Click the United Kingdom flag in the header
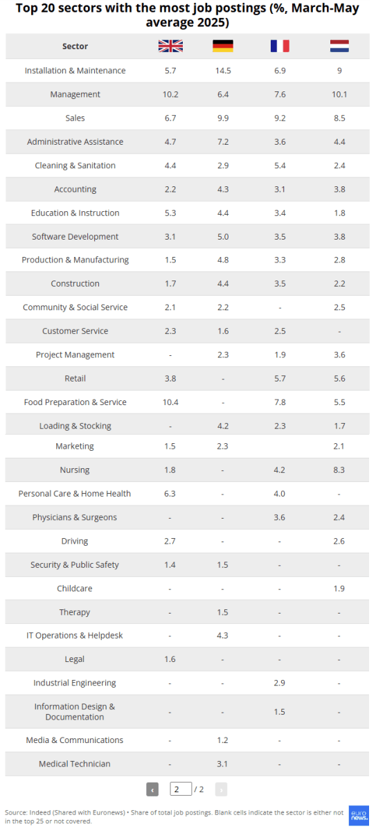pyautogui.click(x=170, y=46)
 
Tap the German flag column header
pyautogui.click(x=223, y=46)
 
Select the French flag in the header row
pyautogui.click(x=280, y=46)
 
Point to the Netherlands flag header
pyautogui.click(x=339, y=46)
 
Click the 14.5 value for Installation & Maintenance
pyautogui.click(x=223, y=71)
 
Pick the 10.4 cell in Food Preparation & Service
pyautogui.click(x=170, y=402)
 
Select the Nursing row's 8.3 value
pyautogui.click(x=339, y=470)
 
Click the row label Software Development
pyautogui.click(x=75, y=237)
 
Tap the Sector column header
pyautogui.click(x=75, y=46)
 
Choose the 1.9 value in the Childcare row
pyautogui.click(x=339, y=589)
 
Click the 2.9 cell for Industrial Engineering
pyautogui.click(x=279, y=683)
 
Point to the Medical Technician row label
pyautogui.click(x=75, y=764)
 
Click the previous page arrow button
pyautogui.click(x=152, y=789)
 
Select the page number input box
pyautogui.click(x=181, y=789)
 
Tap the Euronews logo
pyautogui.click(x=359, y=816)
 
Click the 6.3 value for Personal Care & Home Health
pyautogui.click(x=170, y=494)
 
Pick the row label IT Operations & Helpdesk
pyautogui.click(x=75, y=636)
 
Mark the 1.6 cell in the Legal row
pyautogui.click(x=170, y=659)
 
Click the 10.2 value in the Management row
pyautogui.click(x=170, y=94)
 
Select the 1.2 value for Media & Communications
pyautogui.click(x=222, y=740)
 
